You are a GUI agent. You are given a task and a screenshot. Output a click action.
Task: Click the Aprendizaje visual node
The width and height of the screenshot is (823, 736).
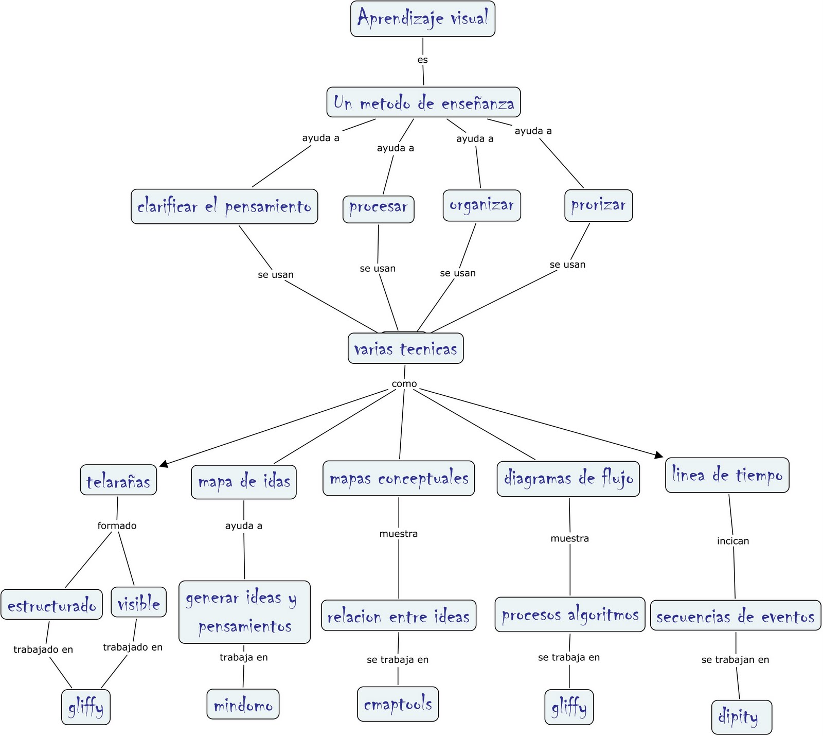[422, 19]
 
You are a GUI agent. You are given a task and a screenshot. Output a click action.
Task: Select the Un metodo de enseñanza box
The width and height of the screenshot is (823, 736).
[423, 102]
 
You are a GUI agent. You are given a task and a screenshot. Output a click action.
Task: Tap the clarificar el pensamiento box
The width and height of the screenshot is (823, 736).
[224, 206]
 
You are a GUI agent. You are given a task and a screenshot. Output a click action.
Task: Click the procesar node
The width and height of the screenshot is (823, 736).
[378, 209]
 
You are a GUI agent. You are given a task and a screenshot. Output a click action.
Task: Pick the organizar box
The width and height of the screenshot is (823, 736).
[481, 205]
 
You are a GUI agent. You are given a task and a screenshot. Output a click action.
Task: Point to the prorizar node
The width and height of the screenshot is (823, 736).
[598, 205]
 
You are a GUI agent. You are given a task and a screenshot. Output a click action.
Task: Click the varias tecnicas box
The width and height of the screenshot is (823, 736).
[405, 349]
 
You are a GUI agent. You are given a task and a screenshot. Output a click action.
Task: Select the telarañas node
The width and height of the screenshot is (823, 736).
[118, 480]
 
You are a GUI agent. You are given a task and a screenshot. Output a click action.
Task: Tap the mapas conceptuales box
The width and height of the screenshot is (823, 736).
[399, 478]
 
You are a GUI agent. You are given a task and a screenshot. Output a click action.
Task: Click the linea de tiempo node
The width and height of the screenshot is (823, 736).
[727, 475]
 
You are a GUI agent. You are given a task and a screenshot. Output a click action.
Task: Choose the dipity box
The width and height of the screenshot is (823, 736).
[741, 717]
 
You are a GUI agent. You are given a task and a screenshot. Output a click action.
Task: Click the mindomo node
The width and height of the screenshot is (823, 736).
[243, 704]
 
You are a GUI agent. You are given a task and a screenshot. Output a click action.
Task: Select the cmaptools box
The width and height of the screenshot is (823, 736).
[398, 704]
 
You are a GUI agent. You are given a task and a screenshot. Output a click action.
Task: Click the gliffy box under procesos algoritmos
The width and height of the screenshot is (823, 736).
[569, 707]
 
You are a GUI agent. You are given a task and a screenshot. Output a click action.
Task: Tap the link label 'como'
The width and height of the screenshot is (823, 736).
[404, 383]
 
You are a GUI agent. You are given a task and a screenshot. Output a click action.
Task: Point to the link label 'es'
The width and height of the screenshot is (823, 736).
[422, 60]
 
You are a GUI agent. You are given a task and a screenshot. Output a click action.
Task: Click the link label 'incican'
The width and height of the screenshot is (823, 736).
[732, 541]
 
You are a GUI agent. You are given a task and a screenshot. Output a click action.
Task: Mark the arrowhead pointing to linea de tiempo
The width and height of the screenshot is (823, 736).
[659, 455]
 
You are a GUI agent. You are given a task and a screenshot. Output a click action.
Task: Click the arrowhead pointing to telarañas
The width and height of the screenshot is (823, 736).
[164, 464]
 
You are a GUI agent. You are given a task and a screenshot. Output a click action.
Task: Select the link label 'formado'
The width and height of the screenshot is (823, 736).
[117, 525]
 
